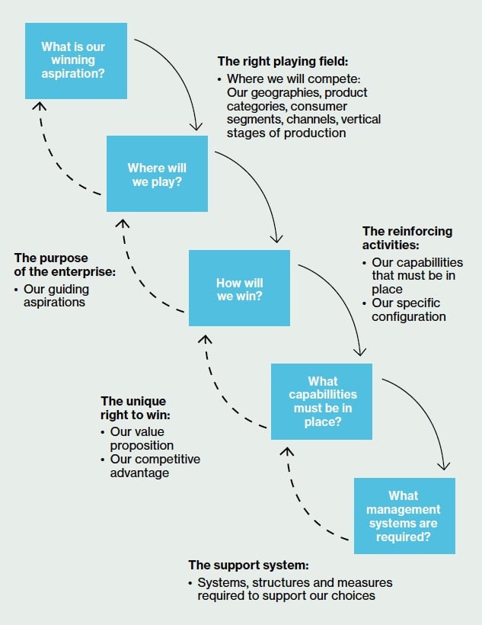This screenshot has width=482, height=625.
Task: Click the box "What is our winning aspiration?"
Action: [73, 61]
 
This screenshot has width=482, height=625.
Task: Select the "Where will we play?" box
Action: [157, 175]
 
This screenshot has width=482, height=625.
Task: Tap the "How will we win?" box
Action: [239, 289]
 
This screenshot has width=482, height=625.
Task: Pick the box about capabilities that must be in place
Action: [322, 401]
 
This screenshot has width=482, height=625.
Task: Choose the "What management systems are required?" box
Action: [404, 515]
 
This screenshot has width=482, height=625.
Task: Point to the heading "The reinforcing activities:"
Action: [407, 238]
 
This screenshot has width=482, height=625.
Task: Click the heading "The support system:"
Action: [248, 566]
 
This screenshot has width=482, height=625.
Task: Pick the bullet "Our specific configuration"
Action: [408, 309]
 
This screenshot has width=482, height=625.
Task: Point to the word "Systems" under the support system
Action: [220, 582]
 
